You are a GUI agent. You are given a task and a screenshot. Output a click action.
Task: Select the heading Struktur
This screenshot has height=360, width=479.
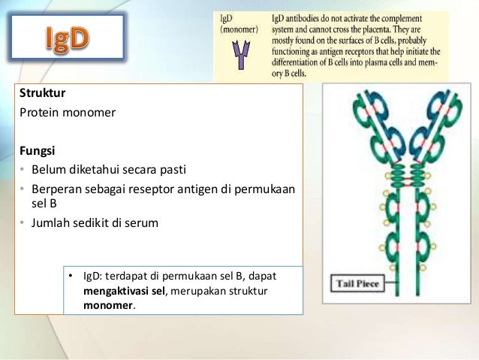click(42, 93)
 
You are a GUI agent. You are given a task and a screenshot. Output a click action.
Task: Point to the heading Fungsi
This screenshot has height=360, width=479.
click(38, 150)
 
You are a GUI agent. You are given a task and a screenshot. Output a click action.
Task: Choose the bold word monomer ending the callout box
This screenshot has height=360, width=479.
click(108, 306)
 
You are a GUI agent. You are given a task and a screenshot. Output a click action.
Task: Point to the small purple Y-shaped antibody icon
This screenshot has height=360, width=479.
click(241, 53)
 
